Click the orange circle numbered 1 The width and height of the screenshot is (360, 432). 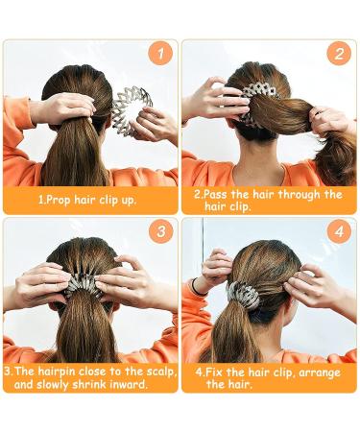point(161,54)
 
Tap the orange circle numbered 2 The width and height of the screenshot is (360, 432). point(338,54)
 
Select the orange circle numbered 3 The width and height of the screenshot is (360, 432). point(161,232)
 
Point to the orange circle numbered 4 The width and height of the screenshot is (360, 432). point(338,232)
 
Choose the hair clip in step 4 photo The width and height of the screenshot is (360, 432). point(244,293)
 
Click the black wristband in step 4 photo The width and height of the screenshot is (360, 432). point(196,286)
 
